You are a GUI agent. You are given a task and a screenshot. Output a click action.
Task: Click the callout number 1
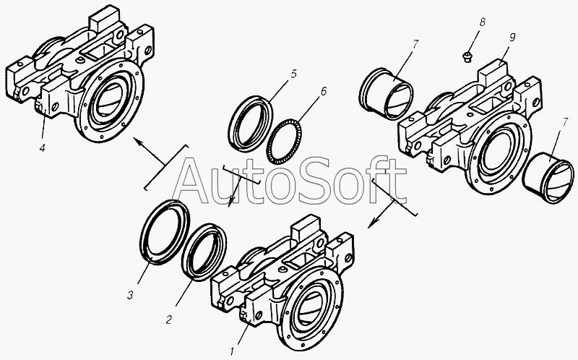232,351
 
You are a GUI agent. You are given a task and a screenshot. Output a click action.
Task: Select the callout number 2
169,319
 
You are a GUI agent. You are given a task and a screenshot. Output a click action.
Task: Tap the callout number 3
130,295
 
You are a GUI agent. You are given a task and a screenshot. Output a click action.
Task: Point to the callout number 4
43,148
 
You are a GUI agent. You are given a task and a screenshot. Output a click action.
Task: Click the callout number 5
293,74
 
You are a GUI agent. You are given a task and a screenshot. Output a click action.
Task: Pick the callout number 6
323,91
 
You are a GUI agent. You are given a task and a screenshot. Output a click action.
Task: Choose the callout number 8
482,22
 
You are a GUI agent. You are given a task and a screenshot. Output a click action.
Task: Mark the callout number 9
512,37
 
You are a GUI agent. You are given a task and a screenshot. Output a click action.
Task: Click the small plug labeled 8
467,57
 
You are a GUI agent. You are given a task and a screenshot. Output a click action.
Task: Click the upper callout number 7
415,45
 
